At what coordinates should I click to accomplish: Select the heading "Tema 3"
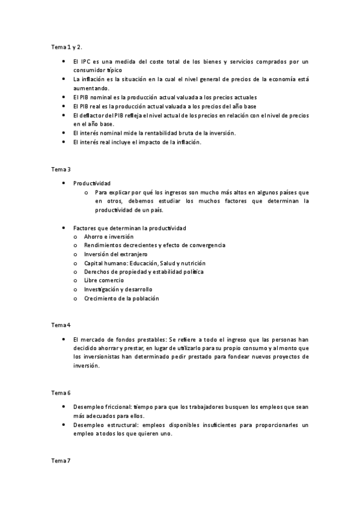(x=61, y=169)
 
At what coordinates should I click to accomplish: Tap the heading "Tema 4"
(x=61, y=325)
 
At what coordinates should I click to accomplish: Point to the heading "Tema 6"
(x=61, y=393)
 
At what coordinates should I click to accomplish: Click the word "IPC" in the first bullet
(x=86, y=62)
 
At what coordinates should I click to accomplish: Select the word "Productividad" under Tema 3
(x=91, y=183)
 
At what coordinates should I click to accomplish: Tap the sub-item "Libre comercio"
(x=104, y=280)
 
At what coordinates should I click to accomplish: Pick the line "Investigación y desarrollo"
(x=118, y=289)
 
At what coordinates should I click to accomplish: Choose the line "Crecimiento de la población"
(x=121, y=298)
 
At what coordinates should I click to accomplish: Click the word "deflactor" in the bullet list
(x=94, y=115)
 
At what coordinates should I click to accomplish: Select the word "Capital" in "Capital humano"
(x=94, y=263)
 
